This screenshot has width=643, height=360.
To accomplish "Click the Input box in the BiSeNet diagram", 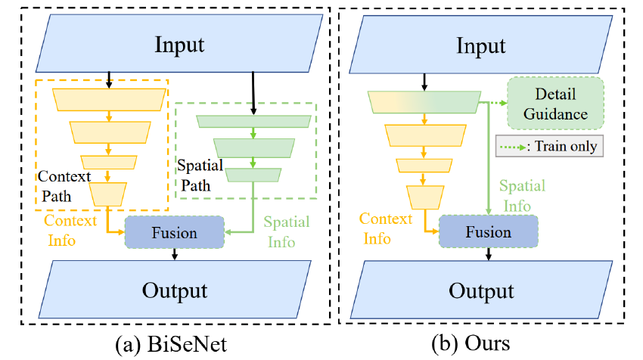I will [179, 44].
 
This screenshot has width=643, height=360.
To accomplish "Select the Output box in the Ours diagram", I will [482, 291].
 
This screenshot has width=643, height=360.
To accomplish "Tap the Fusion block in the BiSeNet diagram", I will [175, 232].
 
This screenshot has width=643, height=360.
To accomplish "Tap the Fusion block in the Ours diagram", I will [489, 231].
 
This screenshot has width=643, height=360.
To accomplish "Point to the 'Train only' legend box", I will [551, 144].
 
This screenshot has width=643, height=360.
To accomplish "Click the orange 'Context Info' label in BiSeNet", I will [70, 230].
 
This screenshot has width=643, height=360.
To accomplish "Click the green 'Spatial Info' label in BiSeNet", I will [286, 231].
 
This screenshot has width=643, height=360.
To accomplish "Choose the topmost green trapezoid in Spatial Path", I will [253, 121].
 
